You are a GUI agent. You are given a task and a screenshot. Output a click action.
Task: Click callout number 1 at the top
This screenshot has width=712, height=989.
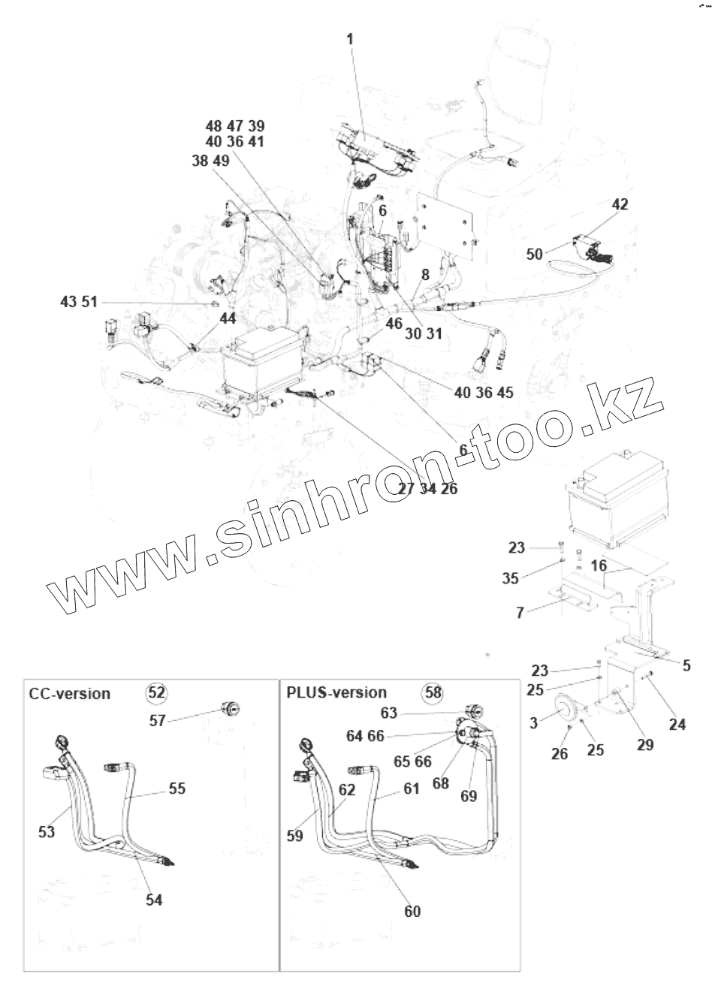tap(350, 38)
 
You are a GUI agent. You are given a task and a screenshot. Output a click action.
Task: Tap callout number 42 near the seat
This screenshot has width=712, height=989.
tap(620, 204)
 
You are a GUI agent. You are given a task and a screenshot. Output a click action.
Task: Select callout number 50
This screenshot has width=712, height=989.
tap(535, 255)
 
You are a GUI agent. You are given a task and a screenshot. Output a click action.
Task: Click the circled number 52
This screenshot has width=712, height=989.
tap(156, 693)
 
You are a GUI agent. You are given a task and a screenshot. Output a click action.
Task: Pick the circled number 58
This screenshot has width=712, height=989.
tap(434, 692)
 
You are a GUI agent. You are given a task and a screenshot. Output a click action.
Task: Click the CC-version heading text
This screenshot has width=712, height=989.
tap(69, 693)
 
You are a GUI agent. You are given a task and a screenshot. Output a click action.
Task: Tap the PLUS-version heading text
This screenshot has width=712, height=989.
tap(336, 692)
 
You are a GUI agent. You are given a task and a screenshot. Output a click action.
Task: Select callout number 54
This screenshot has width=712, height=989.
tap(154, 900)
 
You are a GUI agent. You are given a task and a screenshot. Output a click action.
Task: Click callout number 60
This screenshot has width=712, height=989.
tap(412, 911)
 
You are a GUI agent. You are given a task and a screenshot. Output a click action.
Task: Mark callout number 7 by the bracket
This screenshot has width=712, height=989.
tap(520, 613)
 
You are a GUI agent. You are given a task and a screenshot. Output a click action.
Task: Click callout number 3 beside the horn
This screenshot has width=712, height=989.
tap(533, 723)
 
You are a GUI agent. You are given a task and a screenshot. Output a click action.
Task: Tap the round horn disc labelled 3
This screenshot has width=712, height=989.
tap(566, 710)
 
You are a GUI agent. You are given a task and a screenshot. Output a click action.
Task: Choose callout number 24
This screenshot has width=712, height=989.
tap(677, 724)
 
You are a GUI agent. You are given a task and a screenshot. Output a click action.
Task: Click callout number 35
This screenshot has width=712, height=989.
tap(531, 577)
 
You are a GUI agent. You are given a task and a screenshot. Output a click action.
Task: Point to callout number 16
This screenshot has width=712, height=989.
tap(598, 565)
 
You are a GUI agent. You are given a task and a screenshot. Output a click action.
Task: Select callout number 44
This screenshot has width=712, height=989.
tap(228, 318)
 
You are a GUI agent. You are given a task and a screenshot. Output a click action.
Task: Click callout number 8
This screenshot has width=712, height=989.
tap(425, 276)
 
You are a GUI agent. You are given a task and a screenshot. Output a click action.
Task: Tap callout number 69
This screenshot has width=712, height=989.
tap(468, 795)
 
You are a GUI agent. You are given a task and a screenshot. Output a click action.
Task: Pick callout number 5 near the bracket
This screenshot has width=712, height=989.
tap(686, 665)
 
